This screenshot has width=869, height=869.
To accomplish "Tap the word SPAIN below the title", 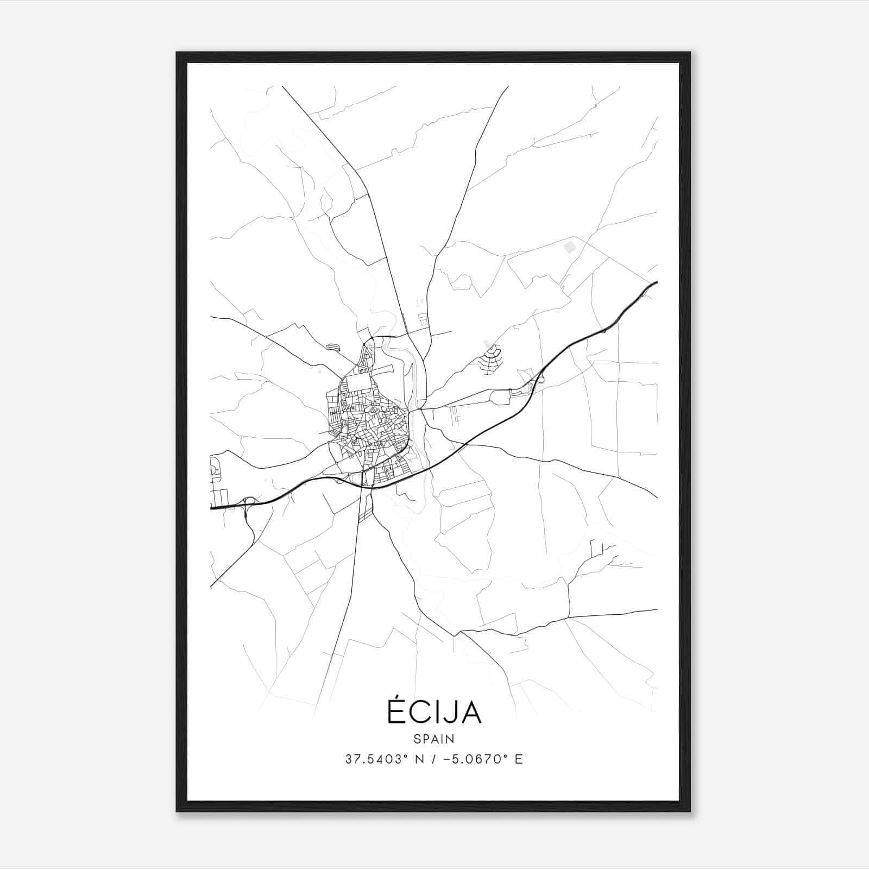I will pyautogui.click(x=434, y=739).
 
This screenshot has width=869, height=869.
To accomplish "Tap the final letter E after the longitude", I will pyautogui.click(x=519, y=759).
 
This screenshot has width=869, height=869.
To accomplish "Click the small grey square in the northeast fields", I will pyautogui.click(x=570, y=248).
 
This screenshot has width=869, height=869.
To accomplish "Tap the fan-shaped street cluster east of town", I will pyautogui.click(x=490, y=360).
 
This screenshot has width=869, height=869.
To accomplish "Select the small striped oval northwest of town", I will pyautogui.click(x=332, y=346).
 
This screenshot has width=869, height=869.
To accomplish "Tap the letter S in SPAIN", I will pyautogui.click(x=417, y=739).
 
